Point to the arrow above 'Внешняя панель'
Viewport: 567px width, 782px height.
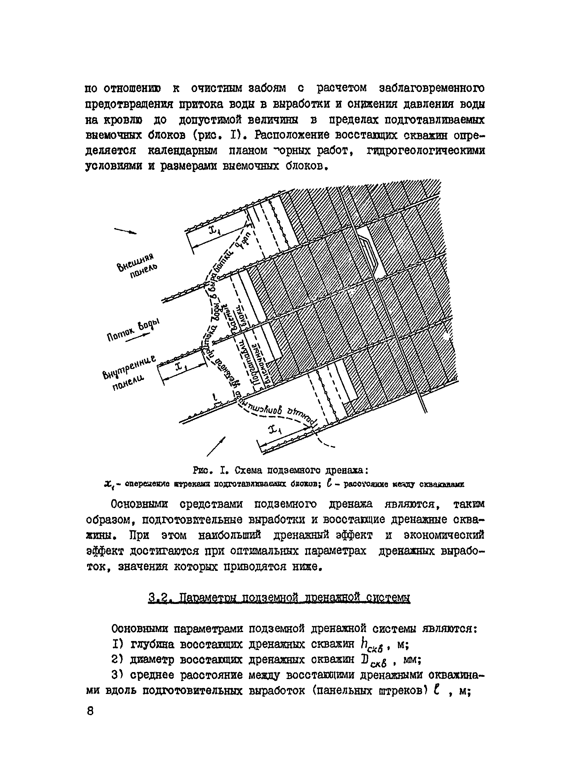[x=125, y=231]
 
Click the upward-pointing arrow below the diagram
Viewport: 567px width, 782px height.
[x=216, y=446]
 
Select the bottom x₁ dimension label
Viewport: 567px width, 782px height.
[x=276, y=430]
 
